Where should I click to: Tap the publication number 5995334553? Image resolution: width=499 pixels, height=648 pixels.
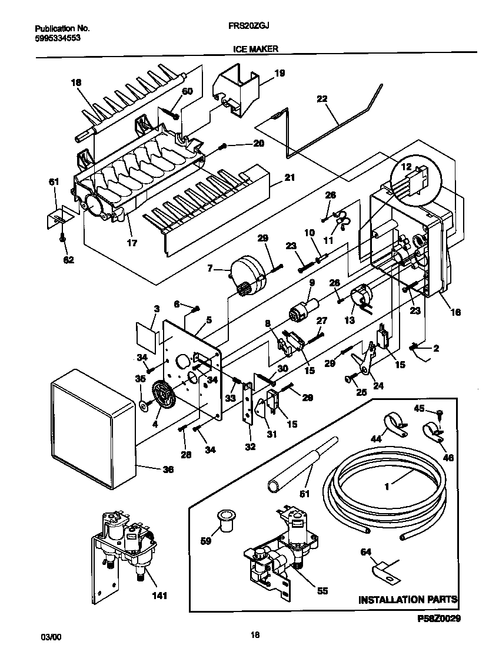pyautogui.click(x=58, y=38)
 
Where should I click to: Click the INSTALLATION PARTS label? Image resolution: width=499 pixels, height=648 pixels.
pyautogui.click(x=408, y=600)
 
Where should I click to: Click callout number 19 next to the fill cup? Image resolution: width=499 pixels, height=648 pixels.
pyautogui.click(x=280, y=74)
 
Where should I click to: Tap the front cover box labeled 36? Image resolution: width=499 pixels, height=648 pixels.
pyautogui.click(x=88, y=427)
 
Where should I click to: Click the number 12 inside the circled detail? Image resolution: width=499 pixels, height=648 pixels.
pyautogui.click(x=405, y=167)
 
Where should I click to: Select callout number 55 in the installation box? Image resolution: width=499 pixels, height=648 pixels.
pyautogui.click(x=322, y=590)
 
